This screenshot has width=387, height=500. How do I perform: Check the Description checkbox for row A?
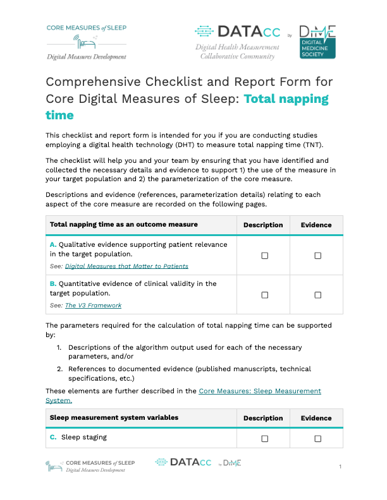(265, 255)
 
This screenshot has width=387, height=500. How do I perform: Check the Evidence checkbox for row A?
(317, 255)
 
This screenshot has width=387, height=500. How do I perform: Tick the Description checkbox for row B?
(265, 295)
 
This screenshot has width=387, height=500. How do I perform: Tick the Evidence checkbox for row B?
(317, 295)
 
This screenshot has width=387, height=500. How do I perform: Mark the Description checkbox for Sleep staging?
(265, 437)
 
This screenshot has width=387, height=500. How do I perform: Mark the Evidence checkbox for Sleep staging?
(317, 437)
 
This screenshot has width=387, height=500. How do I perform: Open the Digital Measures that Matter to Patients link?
(126, 266)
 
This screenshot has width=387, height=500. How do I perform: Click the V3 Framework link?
(93, 306)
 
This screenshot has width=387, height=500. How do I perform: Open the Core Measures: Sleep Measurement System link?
(259, 391)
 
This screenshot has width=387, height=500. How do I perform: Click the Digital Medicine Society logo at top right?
(317, 42)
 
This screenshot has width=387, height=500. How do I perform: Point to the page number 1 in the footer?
(340, 467)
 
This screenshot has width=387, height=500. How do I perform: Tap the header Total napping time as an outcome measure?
(124, 225)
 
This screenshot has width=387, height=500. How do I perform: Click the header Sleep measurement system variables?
(114, 418)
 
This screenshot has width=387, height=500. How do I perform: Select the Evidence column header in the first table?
(316, 225)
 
